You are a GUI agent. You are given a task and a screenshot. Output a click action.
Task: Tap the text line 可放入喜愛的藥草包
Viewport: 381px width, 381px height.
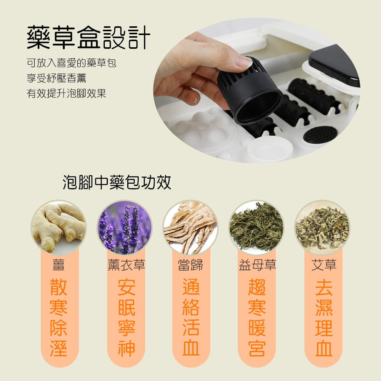tap(71, 62)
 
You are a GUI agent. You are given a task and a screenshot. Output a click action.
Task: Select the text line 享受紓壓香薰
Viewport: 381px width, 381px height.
tap(56, 78)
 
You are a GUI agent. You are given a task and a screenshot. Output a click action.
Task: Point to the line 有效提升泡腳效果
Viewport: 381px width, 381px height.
tap(66, 93)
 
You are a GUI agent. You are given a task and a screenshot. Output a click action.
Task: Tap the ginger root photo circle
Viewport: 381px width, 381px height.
tap(59, 228)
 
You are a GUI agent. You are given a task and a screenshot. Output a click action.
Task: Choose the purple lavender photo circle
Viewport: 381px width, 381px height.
tap(125, 228)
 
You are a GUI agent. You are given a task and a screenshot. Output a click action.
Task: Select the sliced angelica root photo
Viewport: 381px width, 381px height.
tap(190, 228)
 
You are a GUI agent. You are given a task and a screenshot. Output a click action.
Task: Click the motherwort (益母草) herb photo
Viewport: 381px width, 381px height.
tap(256, 228)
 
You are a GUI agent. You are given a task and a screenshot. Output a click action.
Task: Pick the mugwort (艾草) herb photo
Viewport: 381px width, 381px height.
tap(322, 228)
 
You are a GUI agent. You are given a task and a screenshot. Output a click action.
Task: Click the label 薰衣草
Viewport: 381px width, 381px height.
tap(126, 265)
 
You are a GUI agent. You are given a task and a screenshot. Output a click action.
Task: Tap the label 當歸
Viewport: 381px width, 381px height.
tap(190, 265)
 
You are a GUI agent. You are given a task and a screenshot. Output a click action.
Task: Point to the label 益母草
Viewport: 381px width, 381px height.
tap(257, 265)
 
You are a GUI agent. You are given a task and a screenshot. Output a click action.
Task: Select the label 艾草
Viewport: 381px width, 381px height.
tap(324, 265)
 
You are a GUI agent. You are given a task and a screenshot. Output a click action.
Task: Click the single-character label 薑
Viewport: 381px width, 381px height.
tap(59, 265)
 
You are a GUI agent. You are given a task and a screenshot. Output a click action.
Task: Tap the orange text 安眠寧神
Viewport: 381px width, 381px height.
tap(126, 318)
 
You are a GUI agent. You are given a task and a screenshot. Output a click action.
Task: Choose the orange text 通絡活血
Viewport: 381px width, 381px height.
tap(190, 318)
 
